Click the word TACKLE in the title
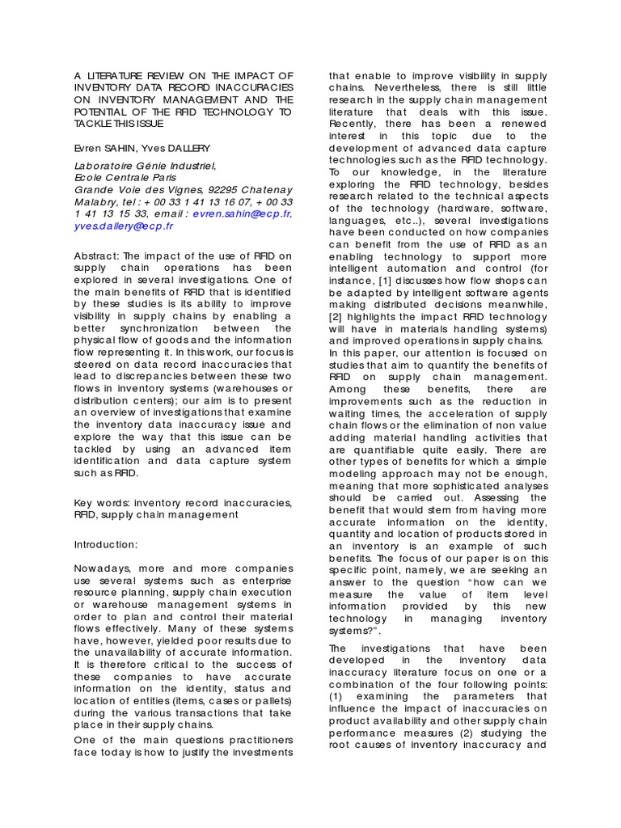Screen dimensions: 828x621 pyautogui.click(x=97, y=123)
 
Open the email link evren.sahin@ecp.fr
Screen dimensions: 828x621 pyautogui.click(x=243, y=213)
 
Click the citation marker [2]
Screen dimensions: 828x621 pyautogui.click(x=337, y=316)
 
